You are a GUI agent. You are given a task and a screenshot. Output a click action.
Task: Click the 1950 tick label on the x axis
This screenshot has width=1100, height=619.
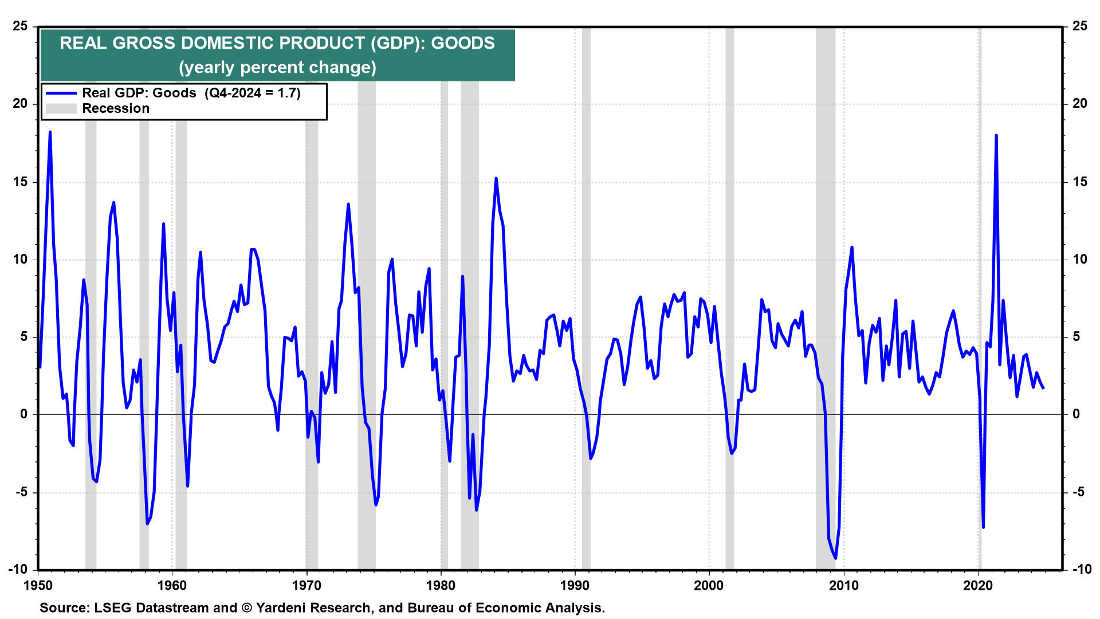click(38, 585)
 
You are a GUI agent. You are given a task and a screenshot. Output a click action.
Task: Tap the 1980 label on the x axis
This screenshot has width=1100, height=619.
click(441, 585)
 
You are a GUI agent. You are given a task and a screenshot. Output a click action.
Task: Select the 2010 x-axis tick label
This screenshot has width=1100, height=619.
click(843, 585)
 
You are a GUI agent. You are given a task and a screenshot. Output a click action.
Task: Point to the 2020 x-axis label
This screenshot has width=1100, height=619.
click(977, 585)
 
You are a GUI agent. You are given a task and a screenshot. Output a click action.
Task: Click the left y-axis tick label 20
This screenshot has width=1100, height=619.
click(21, 103)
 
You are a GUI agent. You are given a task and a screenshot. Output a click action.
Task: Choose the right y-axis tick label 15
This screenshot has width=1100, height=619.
click(1079, 182)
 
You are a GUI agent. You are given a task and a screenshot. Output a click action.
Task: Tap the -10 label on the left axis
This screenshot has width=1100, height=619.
click(18, 569)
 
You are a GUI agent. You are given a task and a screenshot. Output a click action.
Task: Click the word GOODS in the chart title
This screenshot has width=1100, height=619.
click(462, 43)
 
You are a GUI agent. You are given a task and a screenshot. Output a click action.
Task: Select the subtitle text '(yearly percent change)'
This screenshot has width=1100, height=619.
click(277, 67)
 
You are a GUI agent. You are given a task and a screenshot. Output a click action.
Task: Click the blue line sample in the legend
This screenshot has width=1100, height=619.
click(61, 93)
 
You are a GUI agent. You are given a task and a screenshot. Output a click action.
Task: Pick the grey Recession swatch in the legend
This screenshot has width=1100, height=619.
click(61, 108)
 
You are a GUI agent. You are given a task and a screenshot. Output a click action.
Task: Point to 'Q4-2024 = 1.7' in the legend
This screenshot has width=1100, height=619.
click(252, 93)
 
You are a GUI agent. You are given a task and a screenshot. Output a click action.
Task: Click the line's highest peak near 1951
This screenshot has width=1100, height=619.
click(50, 132)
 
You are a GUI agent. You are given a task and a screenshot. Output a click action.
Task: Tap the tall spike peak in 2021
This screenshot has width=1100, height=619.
click(996, 135)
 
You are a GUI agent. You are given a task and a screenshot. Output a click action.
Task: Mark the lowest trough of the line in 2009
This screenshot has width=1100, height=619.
click(836, 558)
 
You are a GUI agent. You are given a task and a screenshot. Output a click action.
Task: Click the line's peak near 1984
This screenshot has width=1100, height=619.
click(496, 178)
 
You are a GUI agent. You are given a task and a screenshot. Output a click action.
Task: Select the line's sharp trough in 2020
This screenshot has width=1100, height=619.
click(983, 527)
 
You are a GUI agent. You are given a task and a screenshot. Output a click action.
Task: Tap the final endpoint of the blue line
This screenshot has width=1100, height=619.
click(1043, 388)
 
